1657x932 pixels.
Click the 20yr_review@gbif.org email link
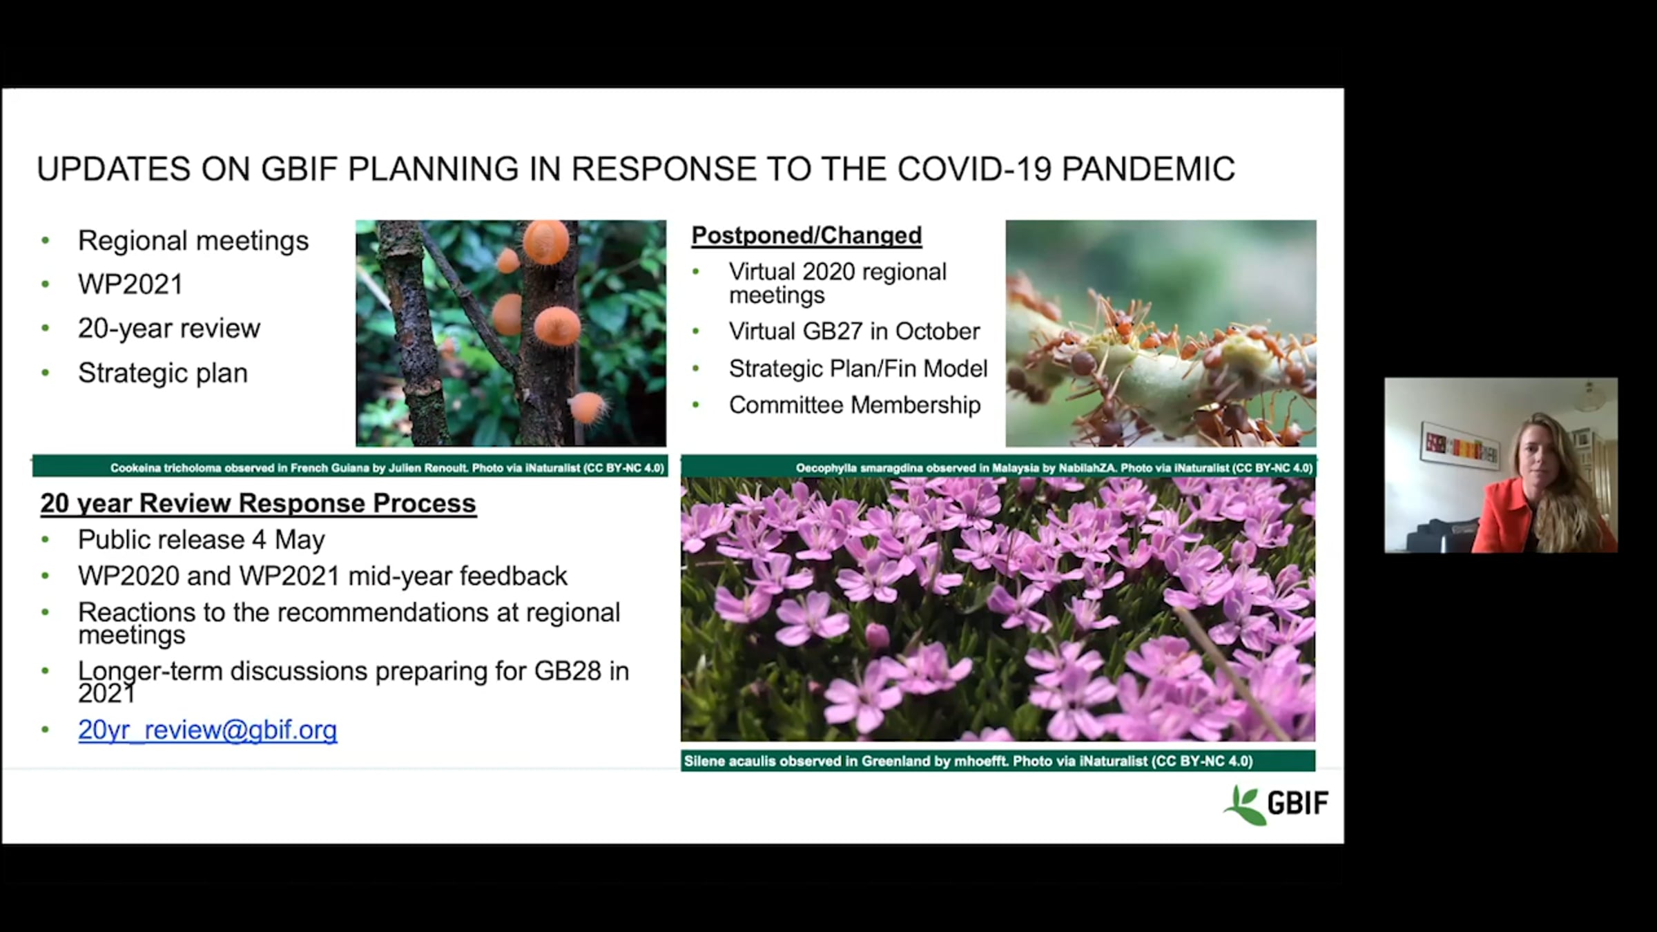pyautogui.click(x=207, y=730)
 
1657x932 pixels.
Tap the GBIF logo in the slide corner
pyautogui.click(x=1276, y=804)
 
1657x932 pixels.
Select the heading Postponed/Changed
pyautogui.click(x=806, y=235)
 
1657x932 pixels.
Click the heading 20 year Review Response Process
pyautogui.click(x=258, y=503)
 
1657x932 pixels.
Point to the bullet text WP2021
pyautogui.click(x=130, y=284)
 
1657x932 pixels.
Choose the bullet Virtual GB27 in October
pyautogui.click(x=854, y=331)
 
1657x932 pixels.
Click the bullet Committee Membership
pyautogui.click(x=855, y=405)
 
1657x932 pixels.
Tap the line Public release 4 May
pyautogui.click(x=201, y=540)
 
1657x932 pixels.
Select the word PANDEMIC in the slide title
pyautogui.click(x=1148, y=169)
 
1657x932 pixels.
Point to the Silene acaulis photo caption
pyautogui.click(x=968, y=761)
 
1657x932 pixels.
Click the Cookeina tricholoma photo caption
pyautogui.click(x=387, y=468)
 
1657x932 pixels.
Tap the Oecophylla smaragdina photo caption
pyautogui.click(x=1054, y=468)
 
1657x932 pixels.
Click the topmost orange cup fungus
pyautogui.click(x=546, y=242)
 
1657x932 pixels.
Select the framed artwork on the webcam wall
pyautogui.click(x=1459, y=442)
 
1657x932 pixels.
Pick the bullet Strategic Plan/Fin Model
pyautogui.click(x=858, y=369)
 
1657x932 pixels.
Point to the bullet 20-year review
pyautogui.click(x=169, y=329)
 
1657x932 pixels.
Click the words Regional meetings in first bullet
pyautogui.click(x=193, y=241)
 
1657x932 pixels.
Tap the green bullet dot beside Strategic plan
pyautogui.click(x=46, y=373)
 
